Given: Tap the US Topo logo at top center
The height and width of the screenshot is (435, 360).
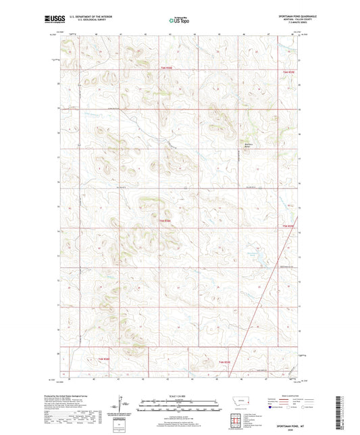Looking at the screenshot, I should [x=179, y=20].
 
